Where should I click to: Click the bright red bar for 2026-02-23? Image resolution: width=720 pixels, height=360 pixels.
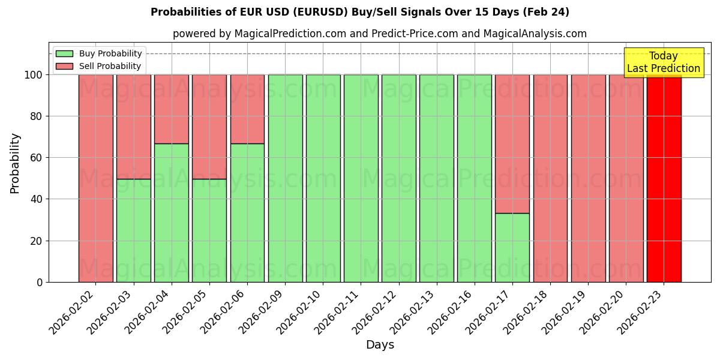click(664, 178)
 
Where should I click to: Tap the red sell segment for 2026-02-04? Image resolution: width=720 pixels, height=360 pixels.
click(171, 109)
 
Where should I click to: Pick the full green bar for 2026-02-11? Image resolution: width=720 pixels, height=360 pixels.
click(361, 178)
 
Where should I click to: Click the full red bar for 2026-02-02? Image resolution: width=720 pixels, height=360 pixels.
click(95, 178)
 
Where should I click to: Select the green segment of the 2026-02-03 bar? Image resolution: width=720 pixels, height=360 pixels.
click(133, 230)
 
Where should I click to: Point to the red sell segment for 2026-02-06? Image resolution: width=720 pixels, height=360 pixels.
click(247, 109)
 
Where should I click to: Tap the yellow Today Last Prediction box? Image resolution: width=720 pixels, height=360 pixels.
click(663, 62)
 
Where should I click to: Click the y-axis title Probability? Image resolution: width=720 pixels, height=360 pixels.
click(15, 163)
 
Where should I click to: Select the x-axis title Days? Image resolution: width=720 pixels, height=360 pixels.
click(380, 345)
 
